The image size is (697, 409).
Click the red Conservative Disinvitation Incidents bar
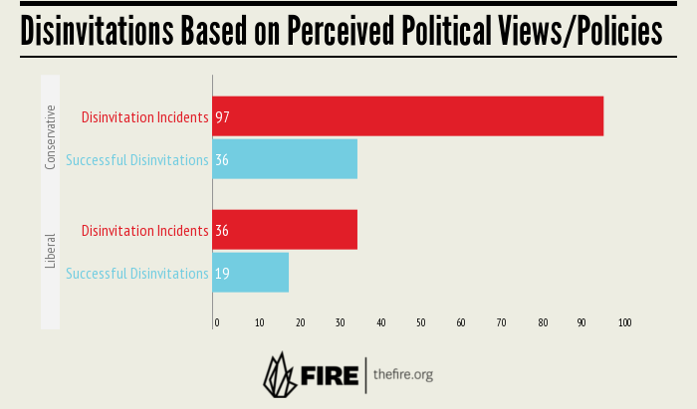(408, 116)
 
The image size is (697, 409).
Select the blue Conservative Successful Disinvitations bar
(285, 159)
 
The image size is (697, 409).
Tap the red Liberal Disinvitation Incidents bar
(285, 230)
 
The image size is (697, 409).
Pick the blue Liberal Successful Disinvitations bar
(251, 273)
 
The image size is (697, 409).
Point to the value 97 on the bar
(222, 117)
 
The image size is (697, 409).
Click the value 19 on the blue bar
(222, 273)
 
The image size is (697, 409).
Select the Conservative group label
(51, 137)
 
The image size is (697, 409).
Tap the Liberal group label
(51, 251)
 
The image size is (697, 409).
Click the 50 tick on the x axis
(421, 322)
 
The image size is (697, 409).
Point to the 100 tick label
(624, 322)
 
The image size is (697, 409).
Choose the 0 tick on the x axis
(216, 322)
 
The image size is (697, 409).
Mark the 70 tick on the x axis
(502, 322)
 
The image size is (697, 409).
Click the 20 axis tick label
(300, 322)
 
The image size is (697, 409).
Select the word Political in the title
(442, 32)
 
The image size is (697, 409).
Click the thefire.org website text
(403, 375)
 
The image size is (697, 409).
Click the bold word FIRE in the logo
(328, 376)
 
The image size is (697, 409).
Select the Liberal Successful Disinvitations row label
(137, 273)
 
